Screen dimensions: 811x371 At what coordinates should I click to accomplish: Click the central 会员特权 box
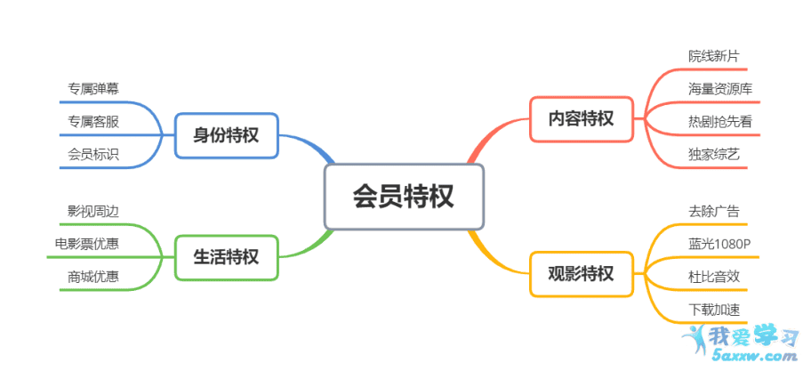pyautogui.click(x=404, y=197)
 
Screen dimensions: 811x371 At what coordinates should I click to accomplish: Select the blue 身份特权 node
pyautogui.click(x=227, y=135)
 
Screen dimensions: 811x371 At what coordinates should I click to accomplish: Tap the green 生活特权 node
pyautogui.click(x=227, y=258)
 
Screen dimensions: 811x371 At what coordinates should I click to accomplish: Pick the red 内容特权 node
pyautogui.click(x=582, y=119)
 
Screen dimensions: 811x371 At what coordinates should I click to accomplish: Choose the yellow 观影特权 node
pyautogui.click(x=582, y=274)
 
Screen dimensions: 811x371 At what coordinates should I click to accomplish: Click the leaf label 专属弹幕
pyautogui.click(x=93, y=88)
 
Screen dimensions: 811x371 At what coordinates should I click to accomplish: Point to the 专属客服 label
pyautogui.click(x=93, y=122)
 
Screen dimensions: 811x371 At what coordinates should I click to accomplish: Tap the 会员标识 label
pyautogui.click(x=93, y=154)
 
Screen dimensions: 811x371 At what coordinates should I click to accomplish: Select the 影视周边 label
pyautogui.click(x=93, y=211)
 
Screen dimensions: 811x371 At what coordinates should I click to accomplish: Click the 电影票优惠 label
pyautogui.click(x=87, y=243)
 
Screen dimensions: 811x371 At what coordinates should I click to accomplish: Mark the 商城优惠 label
pyautogui.click(x=93, y=277)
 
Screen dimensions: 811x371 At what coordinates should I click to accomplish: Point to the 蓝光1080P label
pyautogui.click(x=719, y=244)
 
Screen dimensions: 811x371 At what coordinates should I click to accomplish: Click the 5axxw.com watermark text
pyautogui.click(x=755, y=356)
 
